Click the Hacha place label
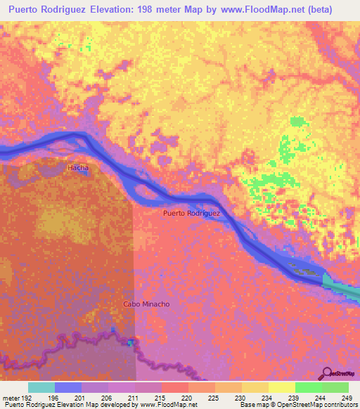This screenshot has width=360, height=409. (77, 169)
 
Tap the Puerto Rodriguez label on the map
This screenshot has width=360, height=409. (191, 213)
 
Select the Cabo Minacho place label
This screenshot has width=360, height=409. (146, 304)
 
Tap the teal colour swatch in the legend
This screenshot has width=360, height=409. (41, 387)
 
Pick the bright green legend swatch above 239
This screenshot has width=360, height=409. (309, 387)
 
